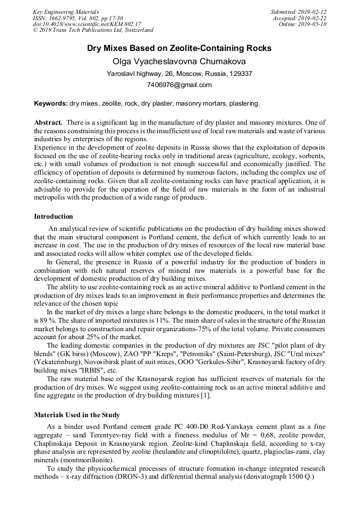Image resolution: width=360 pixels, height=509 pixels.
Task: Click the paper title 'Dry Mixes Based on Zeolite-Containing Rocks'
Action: click(179, 48)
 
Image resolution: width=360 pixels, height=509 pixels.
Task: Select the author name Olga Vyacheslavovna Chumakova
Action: click(179, 62)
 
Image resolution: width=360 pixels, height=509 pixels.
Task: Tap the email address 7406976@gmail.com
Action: click(179, 85)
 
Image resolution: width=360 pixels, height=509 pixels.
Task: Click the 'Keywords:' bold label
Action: click(51, 103)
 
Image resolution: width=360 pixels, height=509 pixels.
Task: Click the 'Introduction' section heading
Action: click(54, 217)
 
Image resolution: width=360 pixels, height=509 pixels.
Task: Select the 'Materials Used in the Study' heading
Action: click(77, 415)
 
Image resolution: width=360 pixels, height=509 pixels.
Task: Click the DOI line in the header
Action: click(87, 24)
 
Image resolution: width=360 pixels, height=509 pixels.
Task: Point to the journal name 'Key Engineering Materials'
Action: click(66, 12)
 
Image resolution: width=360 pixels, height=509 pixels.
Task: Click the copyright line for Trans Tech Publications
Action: click(93, 31)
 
